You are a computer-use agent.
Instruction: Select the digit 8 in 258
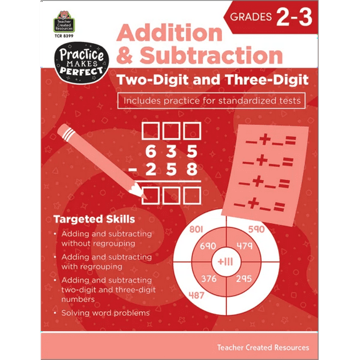click(192, 169)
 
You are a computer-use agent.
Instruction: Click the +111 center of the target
click(226, 261)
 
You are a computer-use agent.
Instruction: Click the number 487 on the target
click(196, 295)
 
